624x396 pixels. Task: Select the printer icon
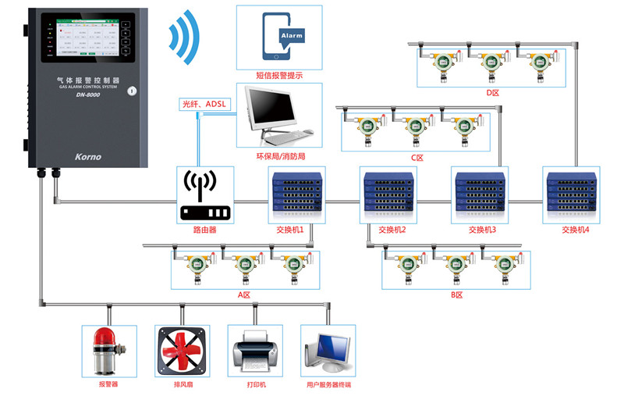(254, 352)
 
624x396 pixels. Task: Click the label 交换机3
(482, 230)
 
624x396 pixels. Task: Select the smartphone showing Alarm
(282, 37)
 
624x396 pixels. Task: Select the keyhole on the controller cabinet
(133, 91)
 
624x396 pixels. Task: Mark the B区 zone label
(457, 294)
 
